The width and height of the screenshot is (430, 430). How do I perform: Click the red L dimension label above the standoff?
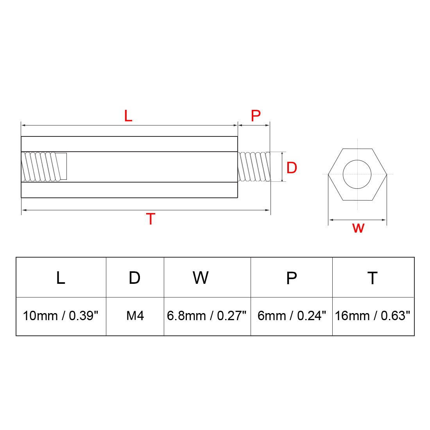click(x=128, y=116)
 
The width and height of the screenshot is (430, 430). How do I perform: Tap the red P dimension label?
click(x=256, y=116)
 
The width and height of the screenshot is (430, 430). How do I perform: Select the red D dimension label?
click(x=292, y=168)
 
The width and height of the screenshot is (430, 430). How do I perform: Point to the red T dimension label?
click(x=150, y=219)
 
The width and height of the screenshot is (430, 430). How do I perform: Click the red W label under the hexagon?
click(x=358, y=228)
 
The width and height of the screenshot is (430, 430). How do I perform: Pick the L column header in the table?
click(x=61, y=278)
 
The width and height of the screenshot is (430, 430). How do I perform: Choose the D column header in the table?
click(x=134, y=278)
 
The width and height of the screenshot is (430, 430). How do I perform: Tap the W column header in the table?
click(x=201, y=278)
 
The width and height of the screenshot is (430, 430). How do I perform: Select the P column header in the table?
click(x=291, y=278)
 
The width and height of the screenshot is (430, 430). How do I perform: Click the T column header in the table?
click(x=373, y=278)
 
